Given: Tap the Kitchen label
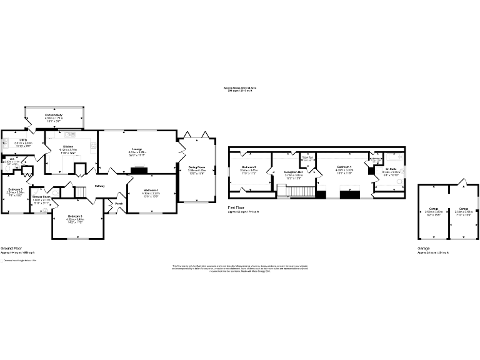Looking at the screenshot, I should pyautogui.click(x=67, y=147).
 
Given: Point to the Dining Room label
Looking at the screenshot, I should pyautogui.click(x=197, y=167).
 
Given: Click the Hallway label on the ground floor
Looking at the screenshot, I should pyautogui.click(x=99, y=186).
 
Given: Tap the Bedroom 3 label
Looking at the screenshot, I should pyautogui.click(x=75, y=216).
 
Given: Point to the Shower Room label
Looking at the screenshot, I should pyautogui.click(x=41, y=197).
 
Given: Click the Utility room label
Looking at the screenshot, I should pyautogui.click(x=23, y=140).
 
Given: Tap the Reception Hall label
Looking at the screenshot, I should pyautogui.click(x=294, y=172).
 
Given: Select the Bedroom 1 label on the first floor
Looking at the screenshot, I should pyautogui.click(x=344, y=167).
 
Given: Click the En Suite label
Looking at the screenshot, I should pyautogui.click(x=391, y=169).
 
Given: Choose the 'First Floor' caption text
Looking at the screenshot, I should pyautogui.click(x=237, y=208).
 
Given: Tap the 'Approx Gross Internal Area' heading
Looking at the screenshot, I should pyautogui.click(x=240, y=88).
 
